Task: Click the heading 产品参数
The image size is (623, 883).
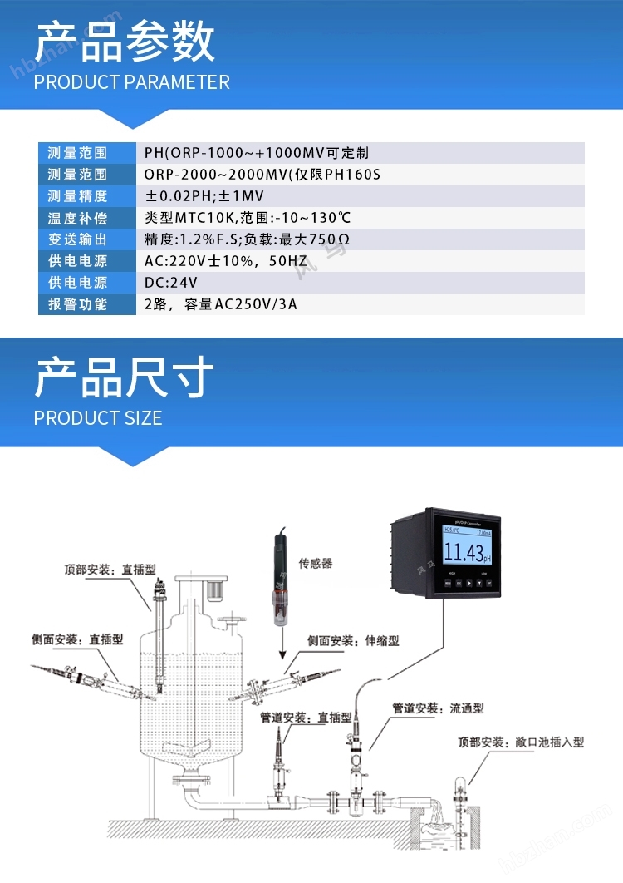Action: pyautogui.click(x=125, y=42)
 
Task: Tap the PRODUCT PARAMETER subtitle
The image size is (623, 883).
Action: pyautogui.click(x=132, y=82)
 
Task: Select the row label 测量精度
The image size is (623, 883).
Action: pyautogui.click(x=77, y=196)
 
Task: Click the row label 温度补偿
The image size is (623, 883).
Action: pyautogui.click(x=77, y=218)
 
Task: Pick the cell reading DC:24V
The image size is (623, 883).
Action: pyautogui.click(x=171, y=283)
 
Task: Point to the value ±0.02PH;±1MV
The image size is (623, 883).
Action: pyautogui.click(x=204, y=196)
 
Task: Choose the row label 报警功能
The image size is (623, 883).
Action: pyautogui.click(x=77, y=304)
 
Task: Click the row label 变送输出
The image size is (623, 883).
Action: pyautogui.click(x=77, y=239)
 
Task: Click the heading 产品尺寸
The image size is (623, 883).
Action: pyautogui.click(x=125, y=378)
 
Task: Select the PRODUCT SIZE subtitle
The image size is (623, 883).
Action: pyautogui.click(x=98, y=417)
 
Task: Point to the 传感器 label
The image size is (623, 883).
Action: pyautogui.click(x=316, y=563)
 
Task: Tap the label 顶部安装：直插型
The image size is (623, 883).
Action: pyautogui.click(x=110, y=570)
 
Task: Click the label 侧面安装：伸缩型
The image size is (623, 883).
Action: pyautogui.click(x=353, y=641)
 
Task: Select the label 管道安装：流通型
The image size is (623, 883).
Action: pyautogui.click(x=438, y=708)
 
